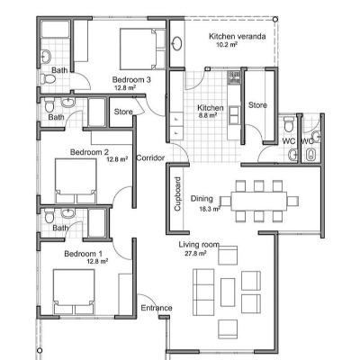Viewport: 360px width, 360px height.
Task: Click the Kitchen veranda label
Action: coord(237,37)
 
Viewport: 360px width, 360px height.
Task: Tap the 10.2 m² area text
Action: coord(227,45)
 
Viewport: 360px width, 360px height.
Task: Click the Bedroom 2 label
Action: coord(89,152)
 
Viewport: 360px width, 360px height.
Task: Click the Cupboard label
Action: coord(177,193)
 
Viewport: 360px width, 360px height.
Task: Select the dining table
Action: coord(259,201)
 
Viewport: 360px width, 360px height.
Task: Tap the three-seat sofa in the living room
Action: coord(203,292)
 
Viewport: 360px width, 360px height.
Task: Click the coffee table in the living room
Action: coord(228,292)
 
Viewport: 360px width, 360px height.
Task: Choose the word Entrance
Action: coord(157,308)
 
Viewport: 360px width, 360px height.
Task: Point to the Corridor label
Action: coord(150,157)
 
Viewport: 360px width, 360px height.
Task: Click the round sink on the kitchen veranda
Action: coord(177,43)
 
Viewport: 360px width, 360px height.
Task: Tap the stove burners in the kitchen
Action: coord(234,77)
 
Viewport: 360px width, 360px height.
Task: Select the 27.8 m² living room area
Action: coord(195,254)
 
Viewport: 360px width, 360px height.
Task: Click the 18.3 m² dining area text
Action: coord(210,209)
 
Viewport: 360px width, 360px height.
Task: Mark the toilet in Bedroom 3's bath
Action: coord(48,79)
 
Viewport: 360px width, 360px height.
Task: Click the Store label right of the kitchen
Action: coord(257,105)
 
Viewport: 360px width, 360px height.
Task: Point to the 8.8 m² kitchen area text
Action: coord(208,114)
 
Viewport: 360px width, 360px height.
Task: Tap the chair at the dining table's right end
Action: coord(292,201)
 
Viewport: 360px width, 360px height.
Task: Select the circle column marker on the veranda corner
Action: coord(275,19)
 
